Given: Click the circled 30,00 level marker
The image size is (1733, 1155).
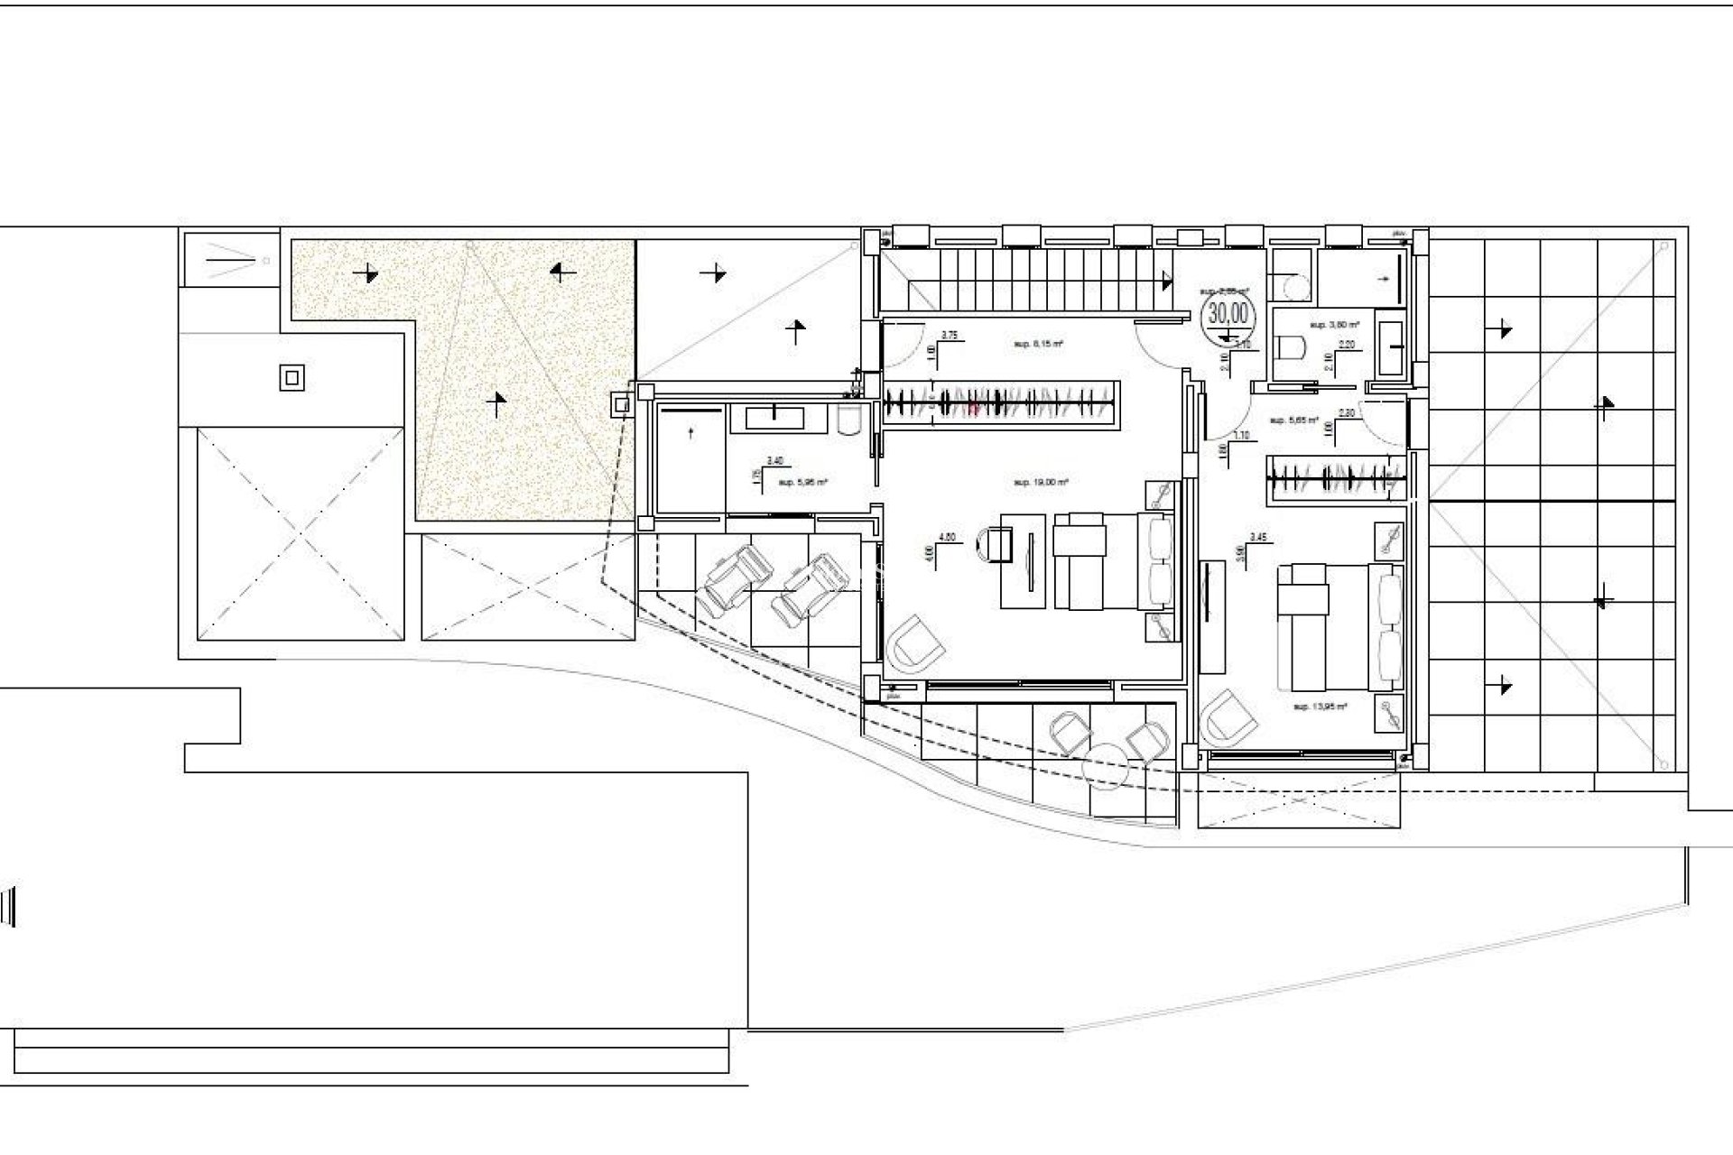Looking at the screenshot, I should pyautogui.click(x=1228, y=313).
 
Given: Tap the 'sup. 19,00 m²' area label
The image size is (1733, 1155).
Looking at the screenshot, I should pyautogui.click(x=1041, y=483).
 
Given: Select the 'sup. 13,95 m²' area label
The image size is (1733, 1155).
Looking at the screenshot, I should pyautogui.click(x=1320, y=707).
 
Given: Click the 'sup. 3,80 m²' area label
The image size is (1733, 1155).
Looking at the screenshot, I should pyautogui.click(x=1334, y=324).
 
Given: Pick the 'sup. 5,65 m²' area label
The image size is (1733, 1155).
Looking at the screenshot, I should pyautogui.click(x=1293, y=420).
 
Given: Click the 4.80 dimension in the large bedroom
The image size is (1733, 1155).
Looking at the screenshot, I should pyautogui.click(x=947, y=537).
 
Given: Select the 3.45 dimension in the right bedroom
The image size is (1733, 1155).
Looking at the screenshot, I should pyautogui.click(x=1258, y=537).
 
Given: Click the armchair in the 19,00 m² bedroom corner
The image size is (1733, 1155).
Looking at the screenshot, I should pyautogui.click(x=915, y=645).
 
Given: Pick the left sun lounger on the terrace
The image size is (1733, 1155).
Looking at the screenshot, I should pyautogui.click(x=739, y=584).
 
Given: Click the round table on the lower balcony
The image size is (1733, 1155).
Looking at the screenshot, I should pyautogui.click(x=1108, y=764).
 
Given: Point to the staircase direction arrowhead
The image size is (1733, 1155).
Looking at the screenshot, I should pyautogui.click(x=1169, y=282).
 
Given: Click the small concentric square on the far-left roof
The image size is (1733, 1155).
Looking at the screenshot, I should pyautogui.click(x=291, y=377).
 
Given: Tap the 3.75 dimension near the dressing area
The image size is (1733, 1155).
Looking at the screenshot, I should pyautogui.click(x=949, y=335).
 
